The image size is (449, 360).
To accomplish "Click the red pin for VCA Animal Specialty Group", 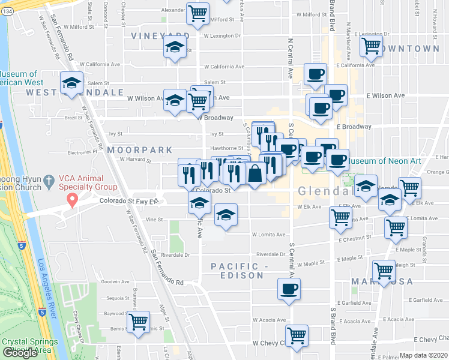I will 72,199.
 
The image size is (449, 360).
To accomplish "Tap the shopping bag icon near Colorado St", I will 255,173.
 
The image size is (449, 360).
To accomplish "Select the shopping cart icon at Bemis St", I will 139,321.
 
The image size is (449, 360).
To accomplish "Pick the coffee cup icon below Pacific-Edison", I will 289,289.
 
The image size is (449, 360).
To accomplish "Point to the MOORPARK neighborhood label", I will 139,150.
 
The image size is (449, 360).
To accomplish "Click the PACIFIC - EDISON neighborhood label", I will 237,271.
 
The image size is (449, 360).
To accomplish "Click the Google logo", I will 20,352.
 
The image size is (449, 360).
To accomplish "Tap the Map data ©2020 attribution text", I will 423,355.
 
